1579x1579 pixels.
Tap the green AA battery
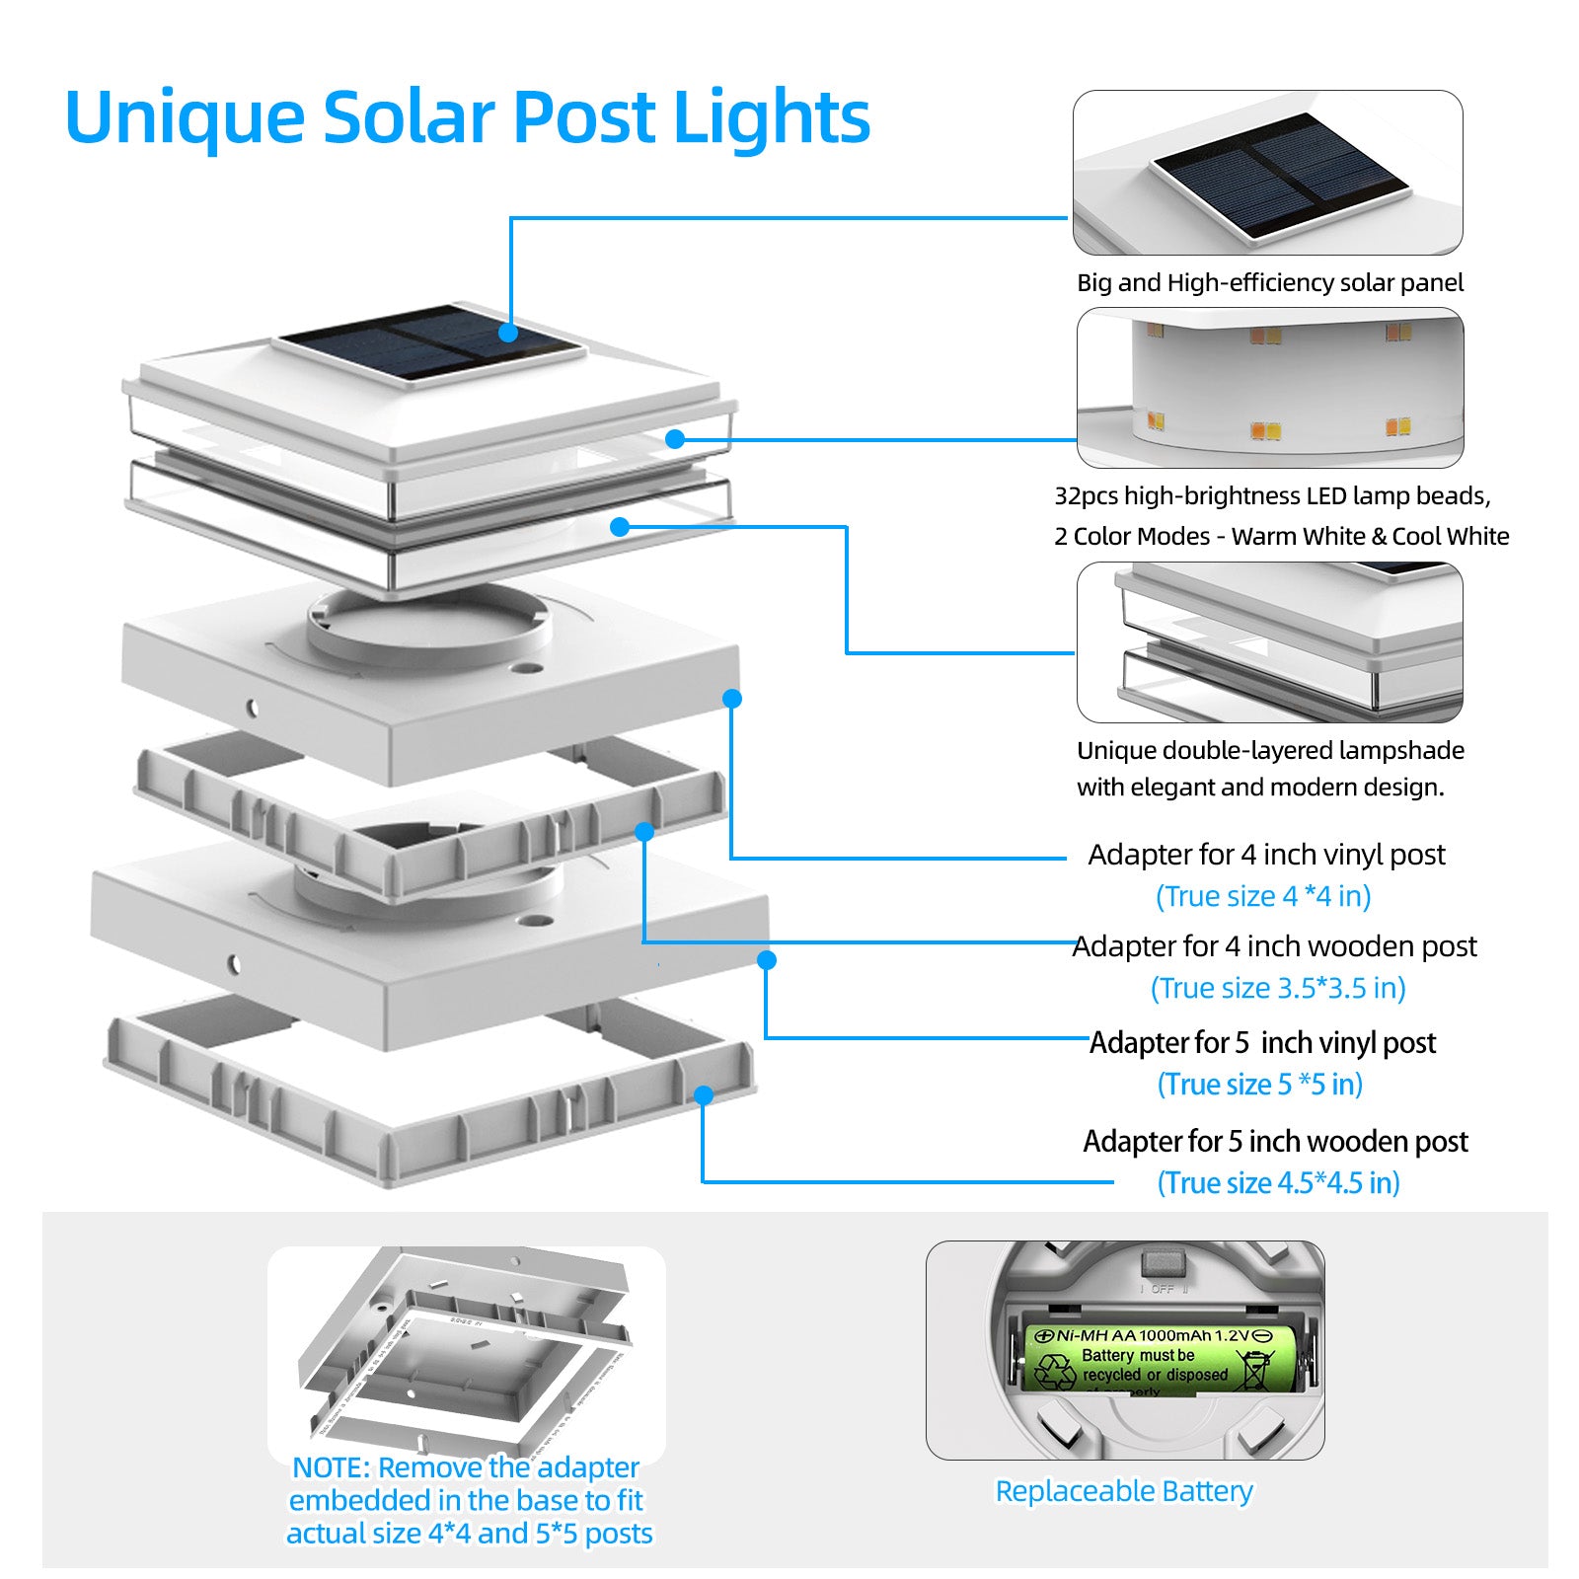pyautogui.click(x=1161, y=1359)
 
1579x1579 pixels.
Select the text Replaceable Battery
pyautogui.click(x=1123, y=1490)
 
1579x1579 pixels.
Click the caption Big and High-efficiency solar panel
pyautogui.click(x=1269, y=283)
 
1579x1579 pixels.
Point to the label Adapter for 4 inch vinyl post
pyautogui.click(x=1266, y=855)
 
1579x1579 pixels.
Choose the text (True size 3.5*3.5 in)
pyautogui.click(x=1278, y=988)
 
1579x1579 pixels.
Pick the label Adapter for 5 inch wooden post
pyautogui.click(x=1275, y=1142)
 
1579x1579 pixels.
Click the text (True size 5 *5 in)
pyautogui.click(x=1259, y=1085)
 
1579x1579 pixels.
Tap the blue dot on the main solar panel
pyautogui.click(x=508, y=332)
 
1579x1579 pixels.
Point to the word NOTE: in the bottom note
pyautogui.click(x=332, y=1467)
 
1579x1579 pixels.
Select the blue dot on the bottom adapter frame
pyautogui.click(x=704, y=1095)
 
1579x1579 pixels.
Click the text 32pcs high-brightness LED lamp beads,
pyautogui.click(x=1272, y=495)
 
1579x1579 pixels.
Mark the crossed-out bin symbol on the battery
pyautogui.click(x=1255, y=1370)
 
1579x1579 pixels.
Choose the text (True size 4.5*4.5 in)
pyautogui.click(x=1278, y=1183)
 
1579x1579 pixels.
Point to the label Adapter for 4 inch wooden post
pyautogui.click(x=1274, y=946)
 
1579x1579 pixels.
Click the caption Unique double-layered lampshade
pyautogui.click(x=1270, y=751)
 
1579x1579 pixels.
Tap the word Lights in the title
pyautogui.click(x=771, y=117)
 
